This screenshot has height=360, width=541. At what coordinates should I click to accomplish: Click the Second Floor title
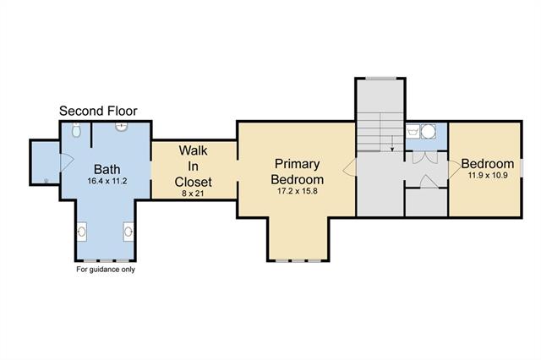[x=98, y=111]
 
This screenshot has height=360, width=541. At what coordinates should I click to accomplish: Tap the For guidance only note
[x=106, y=270]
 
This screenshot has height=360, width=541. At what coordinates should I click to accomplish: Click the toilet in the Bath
[x=76, y=129]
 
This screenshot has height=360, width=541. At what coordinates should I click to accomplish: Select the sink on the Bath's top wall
[x=121, y=127]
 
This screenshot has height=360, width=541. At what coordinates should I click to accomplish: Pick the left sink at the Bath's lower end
[x=81, y=232]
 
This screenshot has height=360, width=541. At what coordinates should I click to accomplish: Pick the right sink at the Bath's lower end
[x=128, y=232]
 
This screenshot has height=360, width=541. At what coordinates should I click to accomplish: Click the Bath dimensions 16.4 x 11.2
[x=107, y=181]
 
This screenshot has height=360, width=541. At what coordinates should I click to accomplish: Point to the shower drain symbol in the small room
[x=46, y=180]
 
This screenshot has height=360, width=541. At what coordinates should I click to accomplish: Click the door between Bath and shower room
[x=66, y=162]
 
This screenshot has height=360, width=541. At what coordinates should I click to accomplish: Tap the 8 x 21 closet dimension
[x=193, y=194]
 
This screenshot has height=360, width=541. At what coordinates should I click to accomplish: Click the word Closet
[x=194, y=182]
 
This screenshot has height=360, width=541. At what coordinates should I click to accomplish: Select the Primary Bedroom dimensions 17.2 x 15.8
[x=298, y=191]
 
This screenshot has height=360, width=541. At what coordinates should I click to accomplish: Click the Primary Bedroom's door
[x=349, y=168]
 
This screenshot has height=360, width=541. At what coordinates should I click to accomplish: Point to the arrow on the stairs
[x=392, y=144]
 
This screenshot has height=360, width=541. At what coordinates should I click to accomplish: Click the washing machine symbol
[x=413, y=131]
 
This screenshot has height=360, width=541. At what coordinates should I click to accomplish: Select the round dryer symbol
[x=429, y=131]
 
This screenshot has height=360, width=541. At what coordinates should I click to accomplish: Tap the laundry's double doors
[x=425, y=157]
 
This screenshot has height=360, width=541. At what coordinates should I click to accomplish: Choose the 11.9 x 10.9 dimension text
[x=488, y=175]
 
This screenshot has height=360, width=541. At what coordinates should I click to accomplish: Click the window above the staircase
[x=381, y=79]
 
